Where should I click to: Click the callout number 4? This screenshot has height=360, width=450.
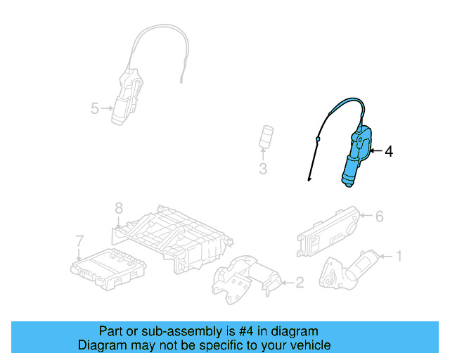(x=389, y=151)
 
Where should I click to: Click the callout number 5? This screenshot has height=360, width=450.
(x=95, y=108)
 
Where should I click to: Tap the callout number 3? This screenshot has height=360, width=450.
(x=262, y=169)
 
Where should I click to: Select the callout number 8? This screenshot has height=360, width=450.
(x=119, y=208)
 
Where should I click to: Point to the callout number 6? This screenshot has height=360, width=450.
(x=379, y=217)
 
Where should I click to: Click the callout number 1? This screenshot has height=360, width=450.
(x=399, y=255)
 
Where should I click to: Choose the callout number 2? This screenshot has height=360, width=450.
(x=299, y=283)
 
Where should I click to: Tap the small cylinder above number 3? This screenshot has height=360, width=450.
(x=266, y=136)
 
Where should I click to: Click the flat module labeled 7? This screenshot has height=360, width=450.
(x=109, y=267)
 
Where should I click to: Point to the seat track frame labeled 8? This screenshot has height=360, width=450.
(x=172, y=236)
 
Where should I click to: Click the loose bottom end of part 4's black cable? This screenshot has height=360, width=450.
(x=308, y=181)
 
